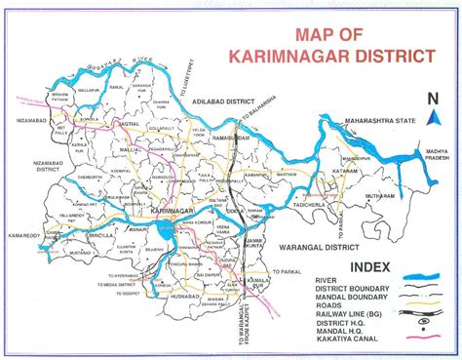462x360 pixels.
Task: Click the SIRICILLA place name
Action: tap(98, 235)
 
